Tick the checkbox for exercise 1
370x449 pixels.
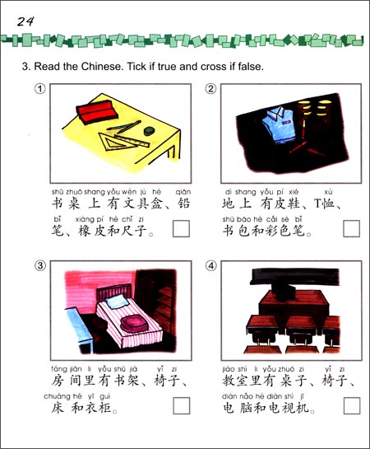tap(180, 228)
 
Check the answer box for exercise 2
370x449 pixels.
tap(351, 228)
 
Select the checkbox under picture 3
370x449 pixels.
tap(180, 405)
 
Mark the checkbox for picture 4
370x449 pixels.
tap(351, 405)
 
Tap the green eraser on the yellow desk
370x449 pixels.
tap(148, 129)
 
